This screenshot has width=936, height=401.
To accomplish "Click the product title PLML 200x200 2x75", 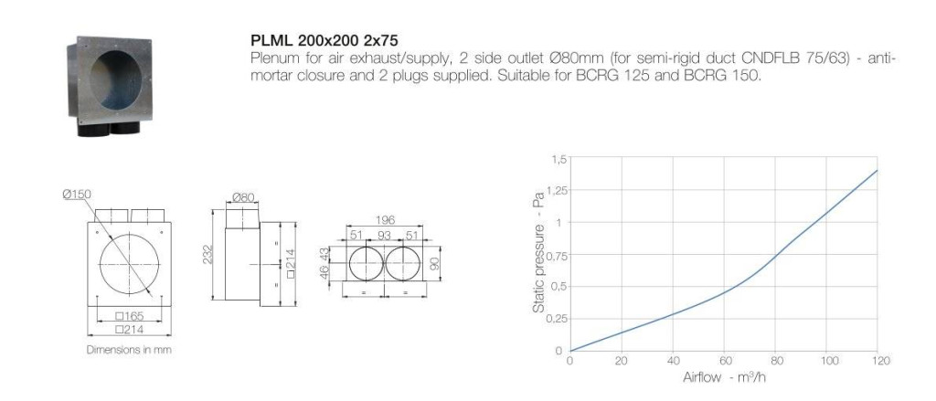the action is tap(324, 41).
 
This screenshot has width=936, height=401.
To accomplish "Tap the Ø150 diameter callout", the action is tap(77, 195).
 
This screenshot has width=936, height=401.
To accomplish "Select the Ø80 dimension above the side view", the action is tap(243, 197).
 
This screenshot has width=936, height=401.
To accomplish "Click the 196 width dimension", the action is tap(385, 221).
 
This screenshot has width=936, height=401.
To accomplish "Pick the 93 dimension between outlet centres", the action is tap(385, 236).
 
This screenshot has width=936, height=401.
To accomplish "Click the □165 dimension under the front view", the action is tap(130, 316).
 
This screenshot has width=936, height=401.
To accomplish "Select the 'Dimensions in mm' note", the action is tap(129, 350).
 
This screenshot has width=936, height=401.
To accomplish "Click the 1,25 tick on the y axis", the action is tap(557, 191).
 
